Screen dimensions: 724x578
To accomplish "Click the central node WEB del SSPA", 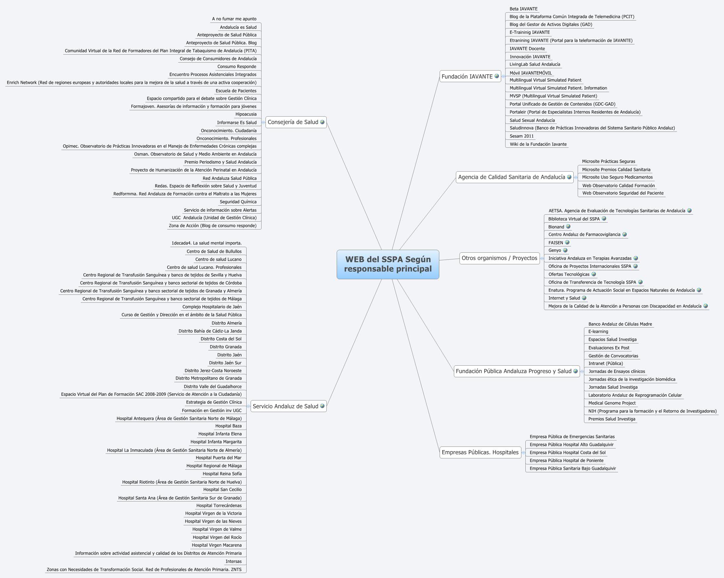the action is (x=388, y=264).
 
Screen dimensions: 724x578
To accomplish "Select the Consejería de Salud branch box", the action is (x=293, y=122).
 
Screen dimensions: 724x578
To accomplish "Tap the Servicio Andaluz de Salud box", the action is (x=285, y=406).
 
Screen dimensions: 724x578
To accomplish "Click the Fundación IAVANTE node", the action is (x=467, y=77).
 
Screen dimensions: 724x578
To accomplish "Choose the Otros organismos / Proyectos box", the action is (x=499, y=258).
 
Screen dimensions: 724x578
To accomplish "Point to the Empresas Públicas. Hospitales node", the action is (x=480, y=452).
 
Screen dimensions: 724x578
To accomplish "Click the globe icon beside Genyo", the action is (x=565, y=250).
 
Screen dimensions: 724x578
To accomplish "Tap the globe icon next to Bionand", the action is (x=568, y=227).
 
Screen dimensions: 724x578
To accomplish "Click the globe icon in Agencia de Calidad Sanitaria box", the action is (x=569, y=177).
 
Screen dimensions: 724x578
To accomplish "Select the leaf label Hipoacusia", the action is (x=246, y=114).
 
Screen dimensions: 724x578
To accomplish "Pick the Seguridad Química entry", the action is (x=238, y=202).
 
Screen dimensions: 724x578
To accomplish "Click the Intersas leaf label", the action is (x=233, y=561).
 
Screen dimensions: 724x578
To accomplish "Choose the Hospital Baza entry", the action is (x=228, y=426).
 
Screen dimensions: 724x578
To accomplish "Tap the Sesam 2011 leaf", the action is (x=521, y=136).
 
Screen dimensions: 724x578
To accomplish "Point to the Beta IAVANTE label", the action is (x=523, y=9).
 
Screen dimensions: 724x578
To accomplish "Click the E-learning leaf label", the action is (x=598, y=332).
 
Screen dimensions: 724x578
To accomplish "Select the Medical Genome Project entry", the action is (x=612, y=403).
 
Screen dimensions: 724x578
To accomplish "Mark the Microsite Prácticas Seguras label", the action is (x=608, y=162).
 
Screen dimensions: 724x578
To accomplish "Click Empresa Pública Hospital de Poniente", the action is (x=566, y=461).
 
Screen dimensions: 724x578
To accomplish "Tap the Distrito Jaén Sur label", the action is (x=225, y=363).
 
